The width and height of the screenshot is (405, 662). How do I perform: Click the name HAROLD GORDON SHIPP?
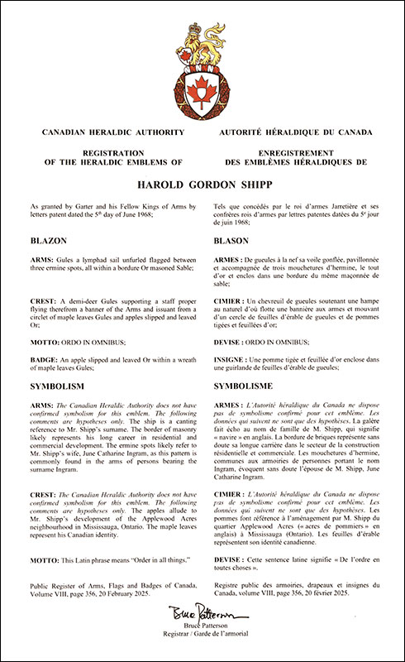point(202,187)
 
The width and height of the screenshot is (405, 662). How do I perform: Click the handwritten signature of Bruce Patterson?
point(203,614)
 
